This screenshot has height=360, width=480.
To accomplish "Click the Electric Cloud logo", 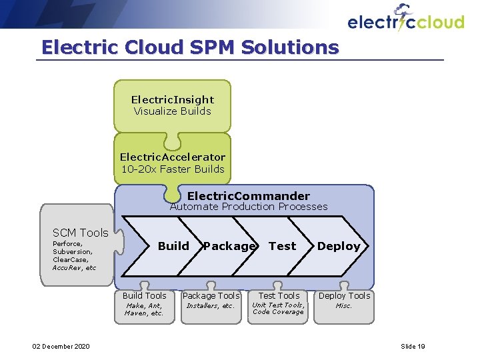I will pyautogui.click(x=405, y=20).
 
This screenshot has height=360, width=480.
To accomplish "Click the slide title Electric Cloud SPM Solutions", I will pyautogui.click(x=190, y=47).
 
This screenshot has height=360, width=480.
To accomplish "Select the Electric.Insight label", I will pyautogui.click(x=173, y=99).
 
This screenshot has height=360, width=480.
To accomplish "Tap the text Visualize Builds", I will pyautogui.click(x=173, y=111).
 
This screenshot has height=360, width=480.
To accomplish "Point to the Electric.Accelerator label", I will pyautogui.click(x=173, y=157).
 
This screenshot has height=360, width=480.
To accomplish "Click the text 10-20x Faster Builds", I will pyautogui.click(x=173, y=169).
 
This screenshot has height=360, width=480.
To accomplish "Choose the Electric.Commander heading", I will pyautogui.click(x=248, y=196).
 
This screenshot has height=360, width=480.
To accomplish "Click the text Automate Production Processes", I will pyautogui.click(x=249, y=207).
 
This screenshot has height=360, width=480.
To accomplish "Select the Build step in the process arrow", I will pyautogui.click(x=173, y=246).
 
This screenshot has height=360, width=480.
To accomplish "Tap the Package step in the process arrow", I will pyautogui.click(x=229, y=246).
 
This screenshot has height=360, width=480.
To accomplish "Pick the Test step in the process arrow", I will pyautogui.click(x=282, y=246).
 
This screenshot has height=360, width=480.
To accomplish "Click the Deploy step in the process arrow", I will pyautogui.click(x=339, y=246).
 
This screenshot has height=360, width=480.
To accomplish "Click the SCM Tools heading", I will pyautogui.click(x=80, y=233).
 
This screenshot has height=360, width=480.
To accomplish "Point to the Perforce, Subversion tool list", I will pyautogui.click(x=74, y=256).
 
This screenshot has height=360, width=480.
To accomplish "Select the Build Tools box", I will pyautogui.click(x=145, y=304).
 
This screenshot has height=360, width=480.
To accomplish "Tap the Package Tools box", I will pyautogui.click(x=211, y=303).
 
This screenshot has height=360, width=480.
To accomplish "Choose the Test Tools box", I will pyautogui.click(x=279, y=303).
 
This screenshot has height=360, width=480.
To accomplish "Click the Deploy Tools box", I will pyautogui.click(x=344, y=303).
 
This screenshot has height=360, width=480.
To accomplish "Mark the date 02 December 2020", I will pyautogui.click(x=61, y=346).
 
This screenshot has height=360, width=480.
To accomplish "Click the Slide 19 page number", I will pyautogui.click(x=413, y=346).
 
